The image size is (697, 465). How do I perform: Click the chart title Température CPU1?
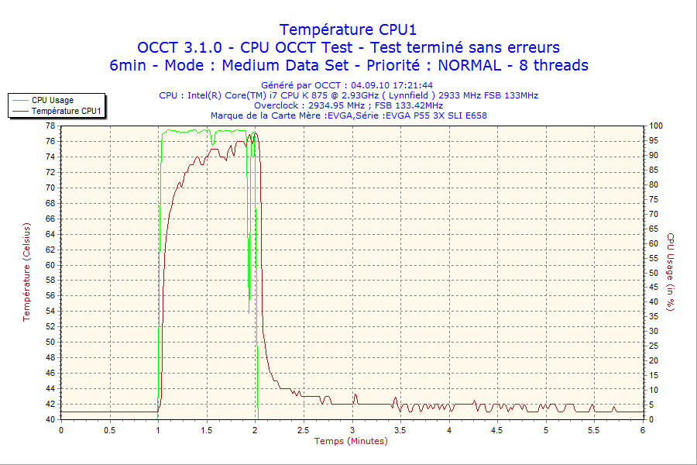click(348, 29)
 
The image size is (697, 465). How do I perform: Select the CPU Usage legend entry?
click(53, 100)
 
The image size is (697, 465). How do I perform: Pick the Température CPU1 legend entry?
click(67, 112)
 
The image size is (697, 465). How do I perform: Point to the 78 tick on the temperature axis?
click(50, 126)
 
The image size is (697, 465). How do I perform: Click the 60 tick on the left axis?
click(50, 265)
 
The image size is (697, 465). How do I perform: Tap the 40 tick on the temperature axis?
click(50, 419)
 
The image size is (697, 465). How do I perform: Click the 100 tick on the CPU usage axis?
click(655, 126)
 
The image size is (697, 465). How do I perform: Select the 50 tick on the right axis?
click(653, 273)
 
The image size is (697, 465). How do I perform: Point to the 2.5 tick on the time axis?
click(304, 430)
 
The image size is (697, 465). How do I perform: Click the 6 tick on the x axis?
click(643, 430)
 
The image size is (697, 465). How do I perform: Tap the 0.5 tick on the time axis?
click(110, 430)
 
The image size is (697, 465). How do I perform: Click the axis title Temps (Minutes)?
click(351, 441)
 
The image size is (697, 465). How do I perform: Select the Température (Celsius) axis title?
click(26, 272)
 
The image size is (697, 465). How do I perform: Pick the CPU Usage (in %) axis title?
click(671, 272)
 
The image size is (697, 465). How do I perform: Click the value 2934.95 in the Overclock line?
click(321, 105)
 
